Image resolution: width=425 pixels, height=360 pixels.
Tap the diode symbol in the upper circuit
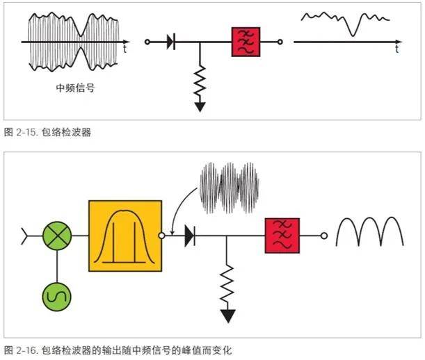(170, 42)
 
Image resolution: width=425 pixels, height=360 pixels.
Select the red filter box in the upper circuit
(246, 42)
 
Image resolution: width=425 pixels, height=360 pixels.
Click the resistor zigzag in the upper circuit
(200, 81)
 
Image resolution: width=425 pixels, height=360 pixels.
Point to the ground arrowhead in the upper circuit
(200, 106)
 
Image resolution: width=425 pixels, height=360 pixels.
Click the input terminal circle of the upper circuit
(147, 42)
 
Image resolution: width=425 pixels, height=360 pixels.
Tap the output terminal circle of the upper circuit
(280, 42)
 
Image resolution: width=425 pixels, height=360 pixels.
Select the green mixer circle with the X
(56, 236)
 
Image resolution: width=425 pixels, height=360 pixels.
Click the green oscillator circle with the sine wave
(56, 296)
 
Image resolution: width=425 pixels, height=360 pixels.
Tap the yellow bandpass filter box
(125, 236)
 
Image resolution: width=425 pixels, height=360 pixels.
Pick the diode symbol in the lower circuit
(189, 236)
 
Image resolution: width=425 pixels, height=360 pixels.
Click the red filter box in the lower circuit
(282, 236)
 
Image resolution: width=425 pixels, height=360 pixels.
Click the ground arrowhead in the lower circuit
(227, 316)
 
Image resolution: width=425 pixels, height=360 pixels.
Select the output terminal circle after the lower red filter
(323, 236)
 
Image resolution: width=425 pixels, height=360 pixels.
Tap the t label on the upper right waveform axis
(396, 51)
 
